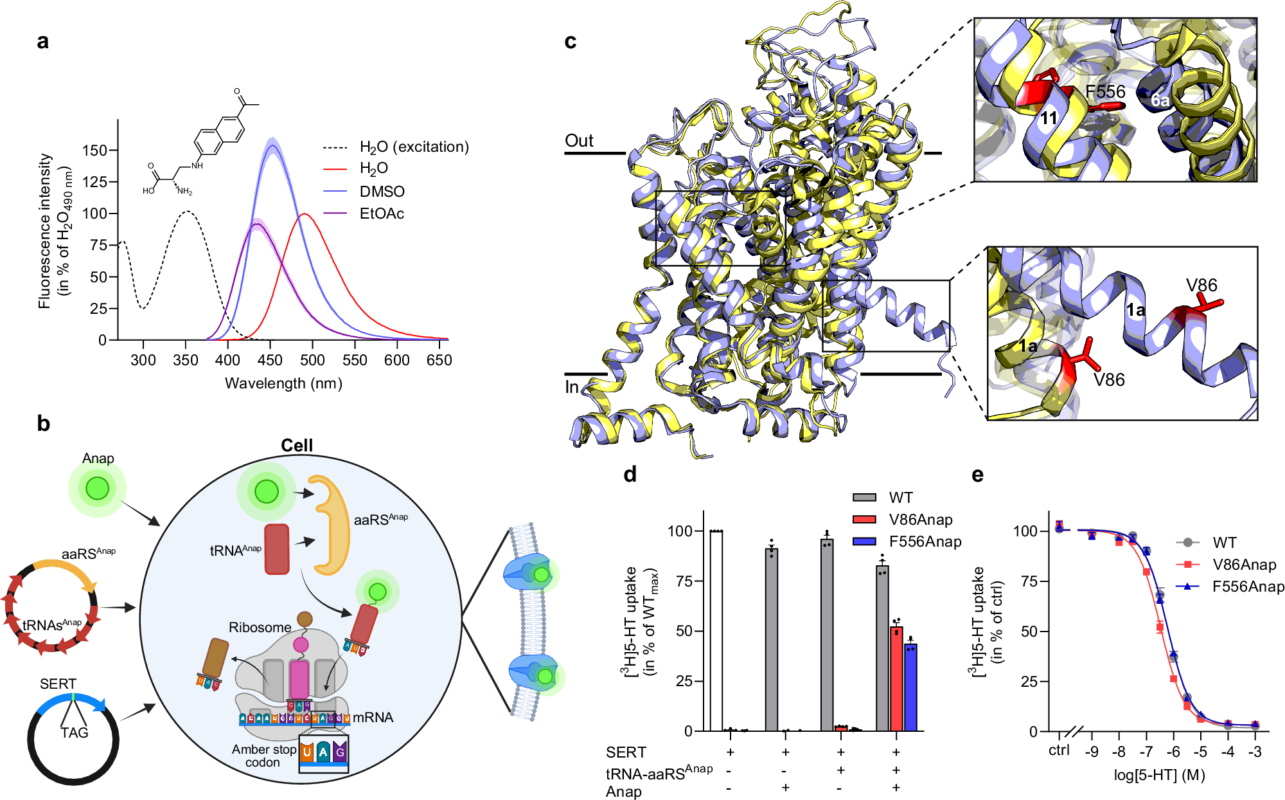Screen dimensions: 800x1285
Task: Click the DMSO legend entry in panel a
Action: tap(382, 192)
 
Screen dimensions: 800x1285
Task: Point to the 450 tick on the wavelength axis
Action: tap(270, 360)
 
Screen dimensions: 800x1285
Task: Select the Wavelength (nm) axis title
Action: tap(283, 384)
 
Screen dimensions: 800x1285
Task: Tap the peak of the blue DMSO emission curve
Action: tap(272, 145)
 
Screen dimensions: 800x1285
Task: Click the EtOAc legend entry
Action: tap(382, 214)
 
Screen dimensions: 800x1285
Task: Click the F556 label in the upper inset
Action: tap(1105, 92)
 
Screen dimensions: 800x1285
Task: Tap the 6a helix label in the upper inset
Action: tap(1160, 100)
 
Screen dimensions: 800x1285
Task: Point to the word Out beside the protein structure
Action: tap(579, 141)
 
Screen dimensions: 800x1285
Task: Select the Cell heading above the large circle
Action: tap(297, 445)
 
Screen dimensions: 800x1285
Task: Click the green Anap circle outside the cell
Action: tap(98, 489)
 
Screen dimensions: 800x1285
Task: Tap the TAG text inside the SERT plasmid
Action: tap(75, 732)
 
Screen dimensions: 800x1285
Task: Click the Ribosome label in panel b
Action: tap(260, 628)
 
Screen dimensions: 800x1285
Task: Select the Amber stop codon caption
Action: tap(263, 756)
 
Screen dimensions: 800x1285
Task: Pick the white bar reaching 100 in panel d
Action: tap(716, 630)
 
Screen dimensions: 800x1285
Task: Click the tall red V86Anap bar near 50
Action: tap(896, 678)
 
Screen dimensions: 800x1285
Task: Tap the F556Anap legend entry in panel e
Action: tap(1247, 586)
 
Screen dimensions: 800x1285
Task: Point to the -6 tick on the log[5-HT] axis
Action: tap(1173, 752)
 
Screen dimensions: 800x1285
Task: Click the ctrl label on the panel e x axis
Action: tap(1059, 750)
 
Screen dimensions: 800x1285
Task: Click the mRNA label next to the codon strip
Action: tap(373, 718)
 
